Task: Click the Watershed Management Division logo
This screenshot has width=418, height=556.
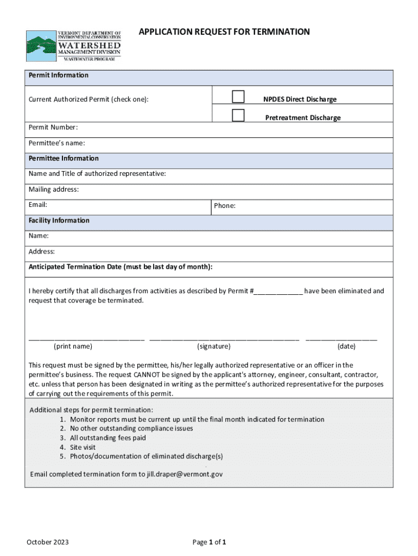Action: [x=74, y=46]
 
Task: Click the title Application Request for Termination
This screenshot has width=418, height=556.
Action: [x=224, y=32]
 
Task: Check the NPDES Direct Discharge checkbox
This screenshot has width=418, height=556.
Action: [x=238, y=97]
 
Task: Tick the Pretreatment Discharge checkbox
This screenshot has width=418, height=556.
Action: [x=238, y=115]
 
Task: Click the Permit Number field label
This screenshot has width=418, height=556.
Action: [x=53, y=128]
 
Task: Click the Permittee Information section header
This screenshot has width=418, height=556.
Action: [x=64, y=159]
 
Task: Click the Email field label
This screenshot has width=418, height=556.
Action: [x=38, y=205]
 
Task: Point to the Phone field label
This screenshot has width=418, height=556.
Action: [x=225, y=206]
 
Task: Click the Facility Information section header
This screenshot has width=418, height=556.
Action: [x=59, y=220]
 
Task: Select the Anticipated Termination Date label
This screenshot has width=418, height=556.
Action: [x=121, y=267]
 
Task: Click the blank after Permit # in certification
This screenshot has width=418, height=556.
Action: [x=278, y=292]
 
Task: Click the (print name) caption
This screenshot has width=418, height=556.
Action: [x=73, y=346]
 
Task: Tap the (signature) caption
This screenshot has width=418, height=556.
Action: [x=214, y=346]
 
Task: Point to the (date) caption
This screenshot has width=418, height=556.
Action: [x=346, y=346]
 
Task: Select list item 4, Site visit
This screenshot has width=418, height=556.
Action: [x=83, y=447]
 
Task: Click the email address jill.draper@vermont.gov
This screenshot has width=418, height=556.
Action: [x=185, y=474]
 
